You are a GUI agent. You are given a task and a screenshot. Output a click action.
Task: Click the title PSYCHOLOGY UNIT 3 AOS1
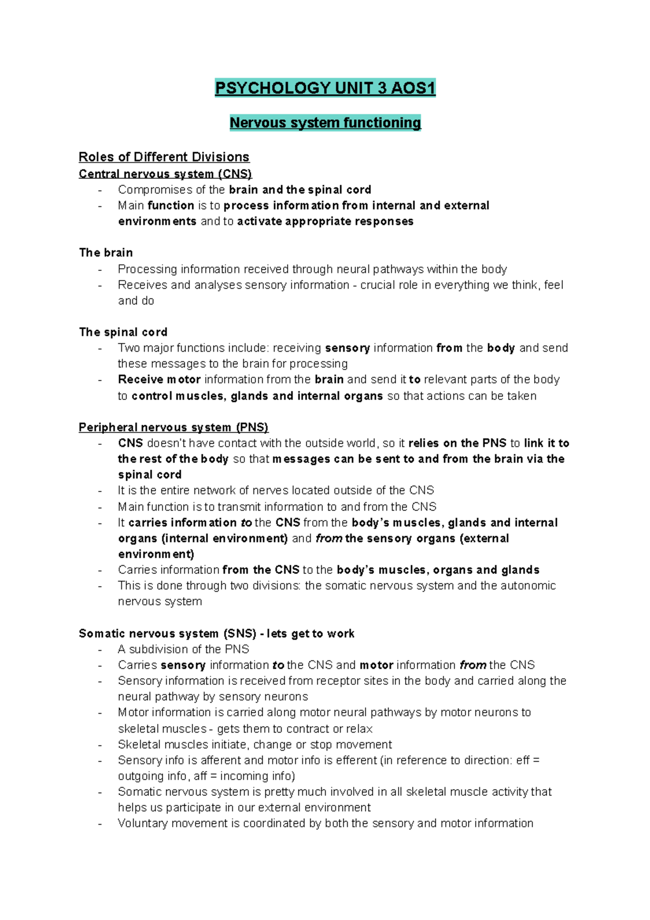[325, 88]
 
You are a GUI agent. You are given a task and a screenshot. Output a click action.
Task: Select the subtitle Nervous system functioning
[325, 122]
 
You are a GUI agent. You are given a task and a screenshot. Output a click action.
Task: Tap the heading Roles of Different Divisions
[164, 157]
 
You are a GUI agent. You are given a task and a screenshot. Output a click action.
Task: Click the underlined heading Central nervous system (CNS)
[165, 174]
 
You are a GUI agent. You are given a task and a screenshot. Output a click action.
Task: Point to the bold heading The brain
[106, 252]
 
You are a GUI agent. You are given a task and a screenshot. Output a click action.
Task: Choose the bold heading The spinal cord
[123, 332]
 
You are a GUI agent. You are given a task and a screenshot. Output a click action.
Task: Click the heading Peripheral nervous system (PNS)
[173, 427]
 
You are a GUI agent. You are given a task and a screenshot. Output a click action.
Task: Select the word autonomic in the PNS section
[528, 586]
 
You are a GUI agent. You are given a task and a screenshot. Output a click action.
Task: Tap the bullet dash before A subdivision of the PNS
[100, 650]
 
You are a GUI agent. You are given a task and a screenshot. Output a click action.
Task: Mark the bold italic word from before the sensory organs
[328, 539]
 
